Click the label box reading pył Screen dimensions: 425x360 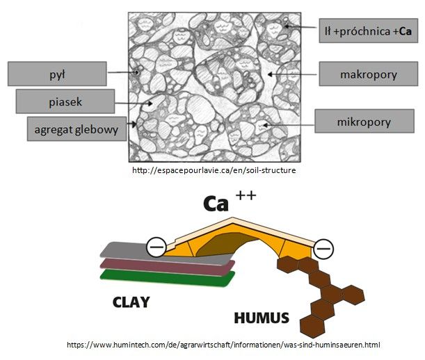(x=57, y=74)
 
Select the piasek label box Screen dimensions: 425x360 (x=65, y=101)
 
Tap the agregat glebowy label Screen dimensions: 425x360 (x=77, y=129)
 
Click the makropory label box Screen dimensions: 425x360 (x=369, y=74)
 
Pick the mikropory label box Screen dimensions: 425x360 (x=364, y=121)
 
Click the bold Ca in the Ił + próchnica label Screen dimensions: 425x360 (x=406, y=31)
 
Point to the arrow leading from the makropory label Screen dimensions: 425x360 (x=291, y=74)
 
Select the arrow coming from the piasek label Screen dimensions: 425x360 (x=134, y=104)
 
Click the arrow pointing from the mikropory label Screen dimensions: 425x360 (x=289, y=125)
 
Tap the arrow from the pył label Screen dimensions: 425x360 (x=124, y=72)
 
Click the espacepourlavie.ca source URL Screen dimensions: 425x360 (x=214, y=170)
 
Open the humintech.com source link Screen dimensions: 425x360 (x=223, y=345)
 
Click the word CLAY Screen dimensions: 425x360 (x=131, y=302)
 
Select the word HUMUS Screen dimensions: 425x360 (x=262, y=318)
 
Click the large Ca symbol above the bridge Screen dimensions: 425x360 (x=216, y=204)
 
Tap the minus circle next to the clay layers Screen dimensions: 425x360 (x=157, y=247)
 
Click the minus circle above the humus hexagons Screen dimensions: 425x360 (x=323, y=248)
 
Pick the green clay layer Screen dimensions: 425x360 (x=168, y=278)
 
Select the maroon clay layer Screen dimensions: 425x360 (x=168, y=267)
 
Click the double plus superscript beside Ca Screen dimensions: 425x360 (x=246, y=195)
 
